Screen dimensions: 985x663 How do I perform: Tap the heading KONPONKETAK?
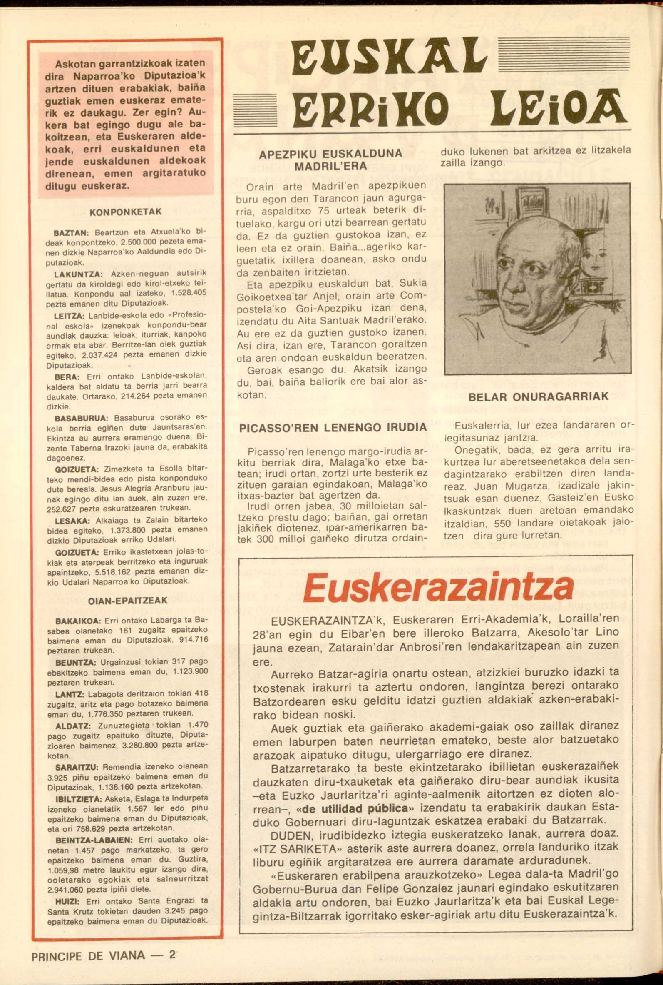pyautogui.click(x=126, y=212)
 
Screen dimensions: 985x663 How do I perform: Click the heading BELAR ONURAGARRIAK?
pyautogui.click(x=538, y=397)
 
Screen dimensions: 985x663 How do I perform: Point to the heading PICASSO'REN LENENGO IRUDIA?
pyautogui.click(x=333, y=428)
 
